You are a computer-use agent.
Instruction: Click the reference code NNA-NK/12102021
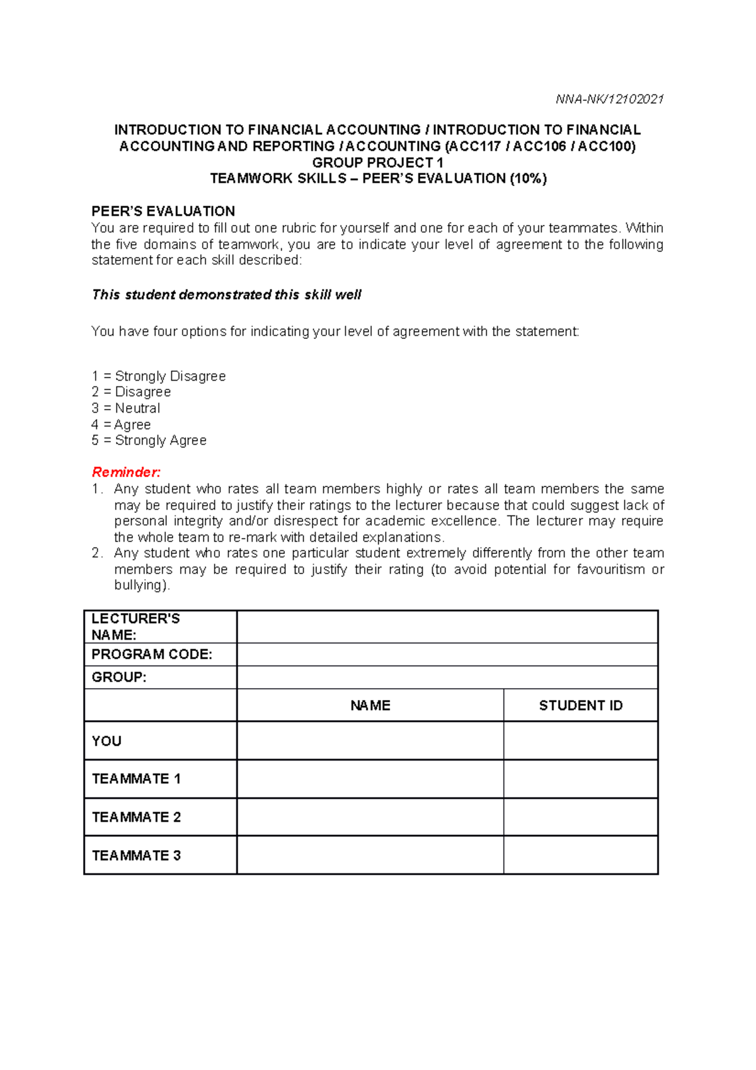pos(609,99)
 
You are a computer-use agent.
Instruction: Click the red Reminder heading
pos(126,472)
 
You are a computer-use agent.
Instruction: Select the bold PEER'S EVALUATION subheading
pos(163,211)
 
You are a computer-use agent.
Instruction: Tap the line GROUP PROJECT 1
pos(377,163)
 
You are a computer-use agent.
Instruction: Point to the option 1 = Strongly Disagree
pos(158,376)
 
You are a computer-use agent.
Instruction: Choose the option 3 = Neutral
pos(126,408)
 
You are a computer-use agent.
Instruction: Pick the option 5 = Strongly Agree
pos(149,440)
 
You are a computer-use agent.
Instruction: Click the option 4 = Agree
pos(121,425)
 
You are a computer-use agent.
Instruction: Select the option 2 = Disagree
pos(131,392)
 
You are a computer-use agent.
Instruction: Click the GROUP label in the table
pos(119,677)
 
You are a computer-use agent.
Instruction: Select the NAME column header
pos(370,705)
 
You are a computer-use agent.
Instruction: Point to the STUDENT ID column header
pos(580,705)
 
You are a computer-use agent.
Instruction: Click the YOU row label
pos(106,741)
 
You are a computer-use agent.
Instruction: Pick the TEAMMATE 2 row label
pos(136,817)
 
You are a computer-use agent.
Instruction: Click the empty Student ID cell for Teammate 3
pos(580,855)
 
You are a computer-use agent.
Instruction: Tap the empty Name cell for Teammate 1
pos(370,779)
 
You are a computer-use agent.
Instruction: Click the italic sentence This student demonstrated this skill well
pos(227,295)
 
